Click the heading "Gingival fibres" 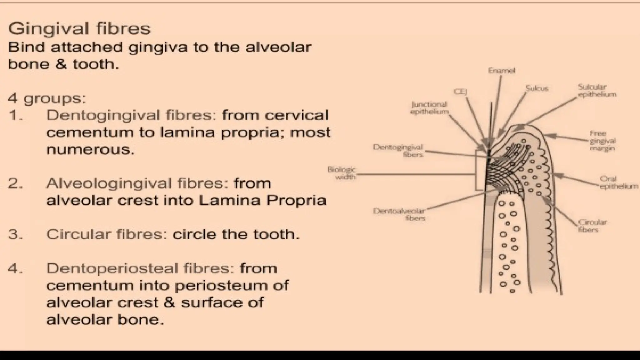(79, 28)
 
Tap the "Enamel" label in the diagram (501, 71)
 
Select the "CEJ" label (460, 92)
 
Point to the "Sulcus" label (537, 88)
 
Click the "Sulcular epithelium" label (597, 91)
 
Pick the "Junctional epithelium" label (429, 108)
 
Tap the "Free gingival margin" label (602, 141)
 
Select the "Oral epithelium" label (618, 182)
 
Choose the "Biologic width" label (342, 173)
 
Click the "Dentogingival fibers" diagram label (398, 151)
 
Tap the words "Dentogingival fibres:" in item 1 (131, 116)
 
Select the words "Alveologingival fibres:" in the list (137, 183)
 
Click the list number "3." (15, 234)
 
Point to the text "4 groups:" (47, 98)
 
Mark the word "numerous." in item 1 (90, 149)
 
